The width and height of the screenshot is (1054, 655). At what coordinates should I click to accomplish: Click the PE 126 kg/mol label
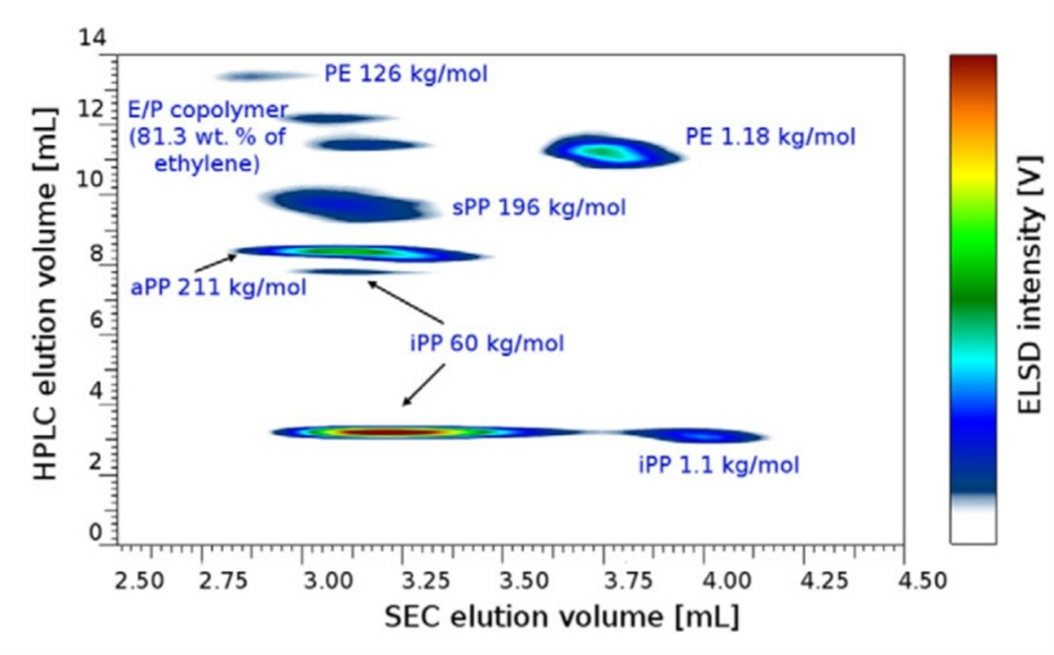pos(405,74)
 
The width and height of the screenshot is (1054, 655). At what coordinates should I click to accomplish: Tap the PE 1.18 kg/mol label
pos(769,137)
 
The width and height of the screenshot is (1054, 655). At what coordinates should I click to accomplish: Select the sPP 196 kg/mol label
pos(538,209)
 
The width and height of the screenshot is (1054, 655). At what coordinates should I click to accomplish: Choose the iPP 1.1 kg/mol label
pos(718,464)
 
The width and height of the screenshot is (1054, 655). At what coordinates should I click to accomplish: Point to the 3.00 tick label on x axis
pos(302,580)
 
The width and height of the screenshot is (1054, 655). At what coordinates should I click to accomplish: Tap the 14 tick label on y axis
pos(92,38)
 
